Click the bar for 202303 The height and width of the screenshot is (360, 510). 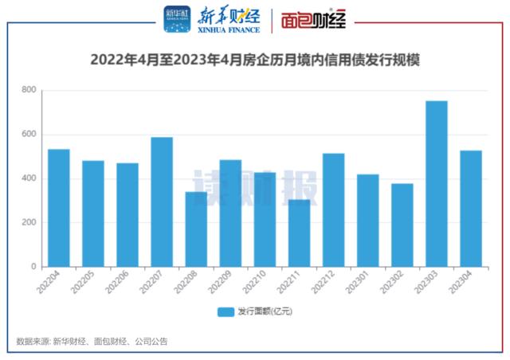(x=436, y=184)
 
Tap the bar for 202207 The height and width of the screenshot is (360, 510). (x=162, y=202)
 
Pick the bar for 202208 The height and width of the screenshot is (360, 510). (x=196, y=229)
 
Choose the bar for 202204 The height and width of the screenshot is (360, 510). (x=58, y=208)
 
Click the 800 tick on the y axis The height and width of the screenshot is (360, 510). (x=29, y=90)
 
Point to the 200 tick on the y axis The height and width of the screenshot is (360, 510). (x=29, y=223)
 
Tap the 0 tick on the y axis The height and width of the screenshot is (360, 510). (x=33, y=267)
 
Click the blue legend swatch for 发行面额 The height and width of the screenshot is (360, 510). (x=225, y=311)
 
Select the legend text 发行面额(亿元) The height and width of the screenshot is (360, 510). (x=265, y=311)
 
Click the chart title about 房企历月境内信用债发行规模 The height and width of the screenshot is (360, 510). (x=255, y=60)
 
